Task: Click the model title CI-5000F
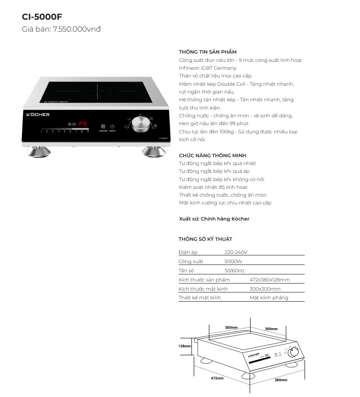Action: point(42,17)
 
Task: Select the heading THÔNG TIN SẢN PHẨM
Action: point(207,52)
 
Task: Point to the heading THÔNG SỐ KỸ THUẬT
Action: point(205,239)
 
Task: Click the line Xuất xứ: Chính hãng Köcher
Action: point(214,219)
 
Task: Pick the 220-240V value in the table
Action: point(236,252)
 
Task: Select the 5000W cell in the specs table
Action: point(233,261)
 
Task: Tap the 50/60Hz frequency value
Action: point(234,270)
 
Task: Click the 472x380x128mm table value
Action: point(270,280)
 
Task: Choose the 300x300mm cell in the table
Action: point(265,289)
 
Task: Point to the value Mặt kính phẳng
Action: point(269,298)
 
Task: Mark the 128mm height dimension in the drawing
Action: point(185,346)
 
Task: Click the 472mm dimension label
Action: point(217,378)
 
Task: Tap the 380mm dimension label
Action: point(280,380)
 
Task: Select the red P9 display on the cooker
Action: point(83,124)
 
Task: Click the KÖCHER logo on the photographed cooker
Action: point(38,114)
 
